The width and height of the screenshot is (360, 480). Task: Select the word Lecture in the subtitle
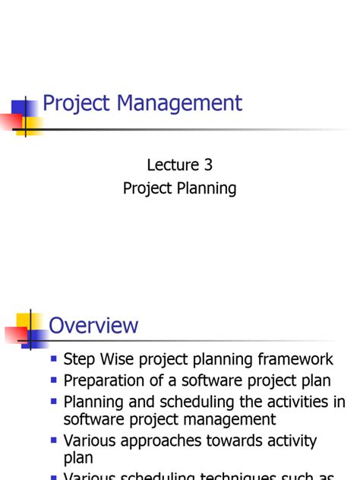(x=174, y=164)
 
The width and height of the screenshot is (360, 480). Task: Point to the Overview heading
(x=93, y=326)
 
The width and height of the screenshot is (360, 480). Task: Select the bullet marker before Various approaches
(x=54, y=439)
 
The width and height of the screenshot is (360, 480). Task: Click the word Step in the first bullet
(x=79, y=359)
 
